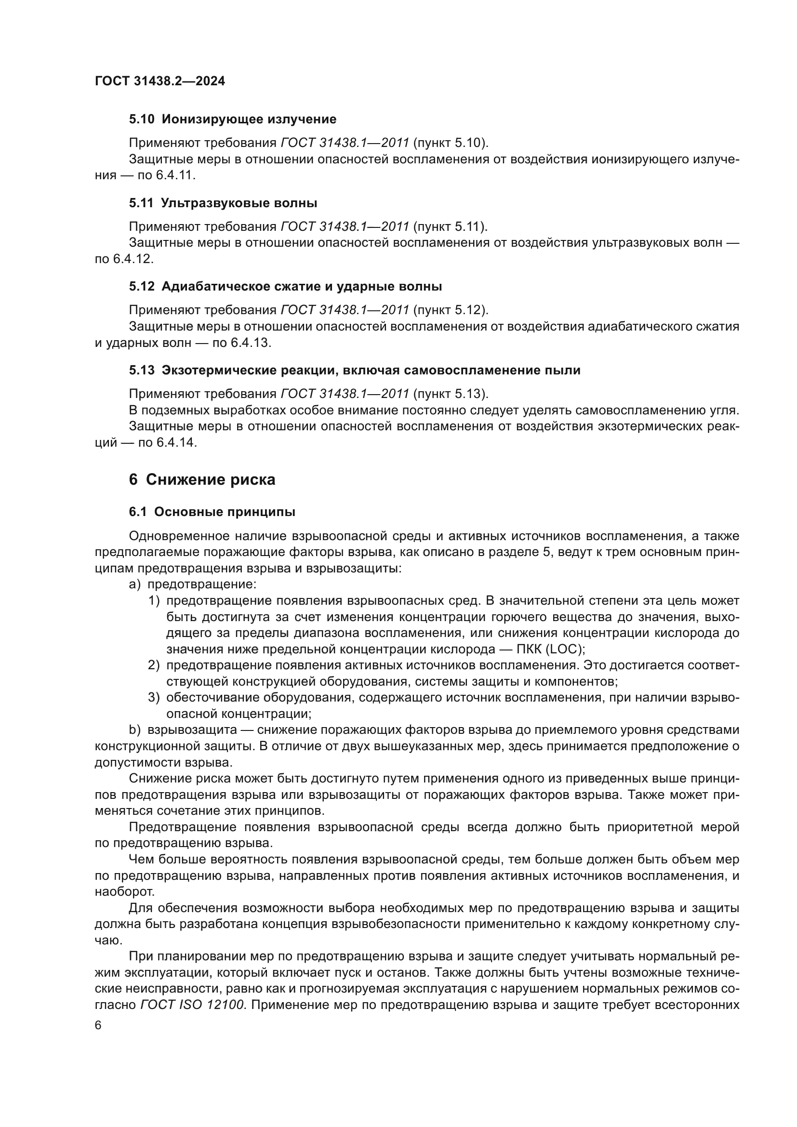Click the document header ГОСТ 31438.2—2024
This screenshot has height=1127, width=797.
pos(160,81)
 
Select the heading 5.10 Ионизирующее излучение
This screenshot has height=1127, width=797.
pos(233,119)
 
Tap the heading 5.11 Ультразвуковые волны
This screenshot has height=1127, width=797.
pos(223,203)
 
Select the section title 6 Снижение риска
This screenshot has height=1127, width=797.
pos(202,479)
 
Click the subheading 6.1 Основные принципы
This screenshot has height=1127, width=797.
pos(212,512)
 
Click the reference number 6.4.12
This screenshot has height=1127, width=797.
pos(133,259)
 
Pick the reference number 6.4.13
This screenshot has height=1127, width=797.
pos(250,343)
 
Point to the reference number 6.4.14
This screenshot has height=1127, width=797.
pos(177,443)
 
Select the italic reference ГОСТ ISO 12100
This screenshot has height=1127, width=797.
pos(192,1005)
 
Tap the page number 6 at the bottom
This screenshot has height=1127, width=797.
pos(98,1025)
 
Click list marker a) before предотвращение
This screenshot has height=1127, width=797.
pos(134,584)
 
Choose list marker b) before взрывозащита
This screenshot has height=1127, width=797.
pos(134,730)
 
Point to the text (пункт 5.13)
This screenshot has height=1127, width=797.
pos(451,394)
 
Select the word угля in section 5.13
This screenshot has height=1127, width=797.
pos(723,411)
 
